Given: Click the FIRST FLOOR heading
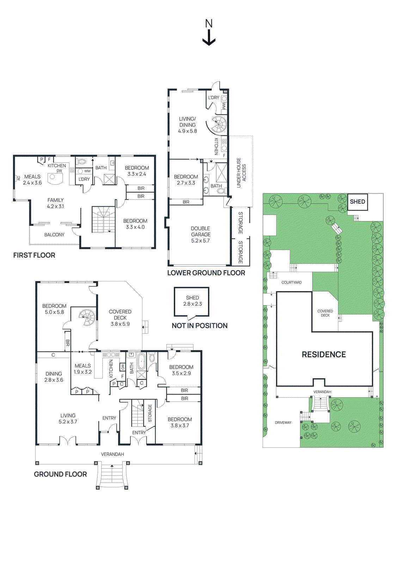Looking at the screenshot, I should [x=34, y=255].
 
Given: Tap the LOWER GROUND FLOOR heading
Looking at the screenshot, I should [x=206, y=273].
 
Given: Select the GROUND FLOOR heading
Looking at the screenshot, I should [x=60, y=474].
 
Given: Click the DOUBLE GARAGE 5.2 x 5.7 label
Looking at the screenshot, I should [x=201, y=234].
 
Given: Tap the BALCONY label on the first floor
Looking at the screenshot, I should [x=54, y=235].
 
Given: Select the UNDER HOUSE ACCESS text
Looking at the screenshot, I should [x=241, y=172].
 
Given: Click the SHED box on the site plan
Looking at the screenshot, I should [x=357, y=202].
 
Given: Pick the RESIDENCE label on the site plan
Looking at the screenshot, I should [x=324, y=355].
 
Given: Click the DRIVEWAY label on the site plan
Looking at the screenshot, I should [x=283, y=423].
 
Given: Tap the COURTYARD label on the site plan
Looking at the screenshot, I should [x=291, y=282].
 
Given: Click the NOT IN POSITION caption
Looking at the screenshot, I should [x=199, y=326].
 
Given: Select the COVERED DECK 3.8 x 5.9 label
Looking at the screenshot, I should [x=120, y=317].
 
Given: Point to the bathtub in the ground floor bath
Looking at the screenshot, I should [x=141, y=362].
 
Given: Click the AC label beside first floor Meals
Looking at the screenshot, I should [x=19, y=178].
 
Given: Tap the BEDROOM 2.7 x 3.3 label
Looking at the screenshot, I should [x=186, y=180].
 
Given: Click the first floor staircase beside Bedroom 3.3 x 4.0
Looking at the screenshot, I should [x=103, y=220].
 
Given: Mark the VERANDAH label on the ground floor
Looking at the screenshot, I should [x=112, y=454].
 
